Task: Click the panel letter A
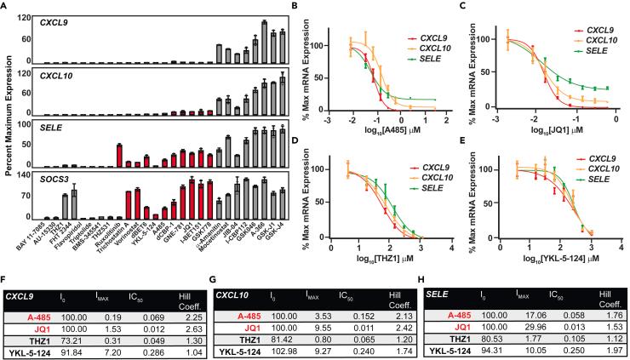click(x=6, y=6)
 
